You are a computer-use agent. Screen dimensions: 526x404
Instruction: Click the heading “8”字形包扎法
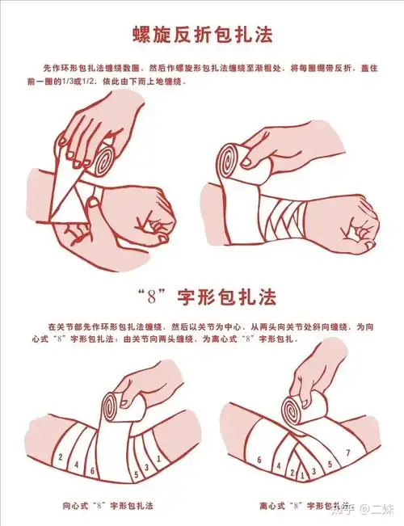pyautogui.click(x=202, y=297)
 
